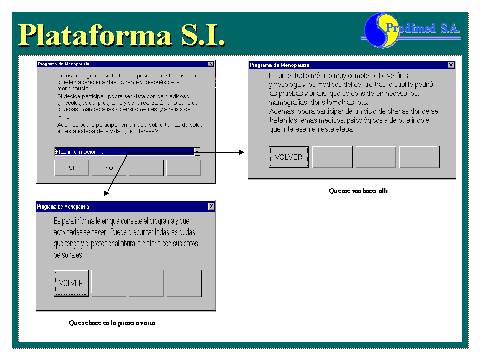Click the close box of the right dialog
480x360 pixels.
(451, 64)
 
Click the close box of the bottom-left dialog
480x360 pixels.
(211, 204)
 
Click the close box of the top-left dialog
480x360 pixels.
(212, 62)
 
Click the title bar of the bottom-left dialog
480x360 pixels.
(120, 204)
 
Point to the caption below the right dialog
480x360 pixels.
(351, 190)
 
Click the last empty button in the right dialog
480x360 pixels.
(419, 157)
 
